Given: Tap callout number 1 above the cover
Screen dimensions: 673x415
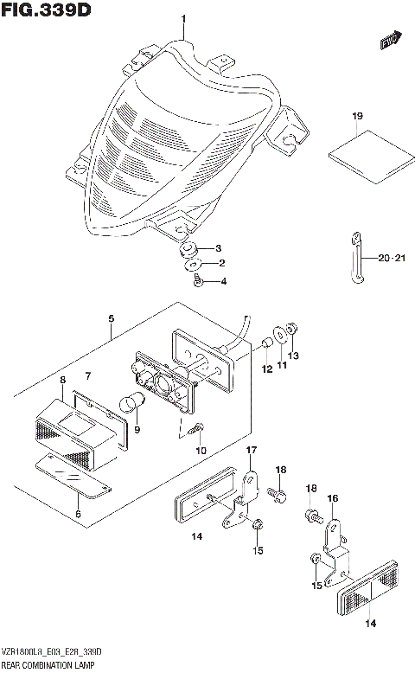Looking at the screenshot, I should pyautogui.click(x=182, y=20).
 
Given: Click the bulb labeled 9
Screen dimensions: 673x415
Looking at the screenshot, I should pyautogui.click(x=136, y=404).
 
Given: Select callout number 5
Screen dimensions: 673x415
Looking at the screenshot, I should pyautogui.click(x=111, y=318).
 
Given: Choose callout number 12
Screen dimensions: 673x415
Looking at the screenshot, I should pyautogui.click(x=267, y=369).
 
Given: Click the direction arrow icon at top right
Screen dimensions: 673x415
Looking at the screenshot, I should pyautogui.click(x=391, y=38).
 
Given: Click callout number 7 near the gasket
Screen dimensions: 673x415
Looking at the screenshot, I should pyautogui.click(x=86, y=376).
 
